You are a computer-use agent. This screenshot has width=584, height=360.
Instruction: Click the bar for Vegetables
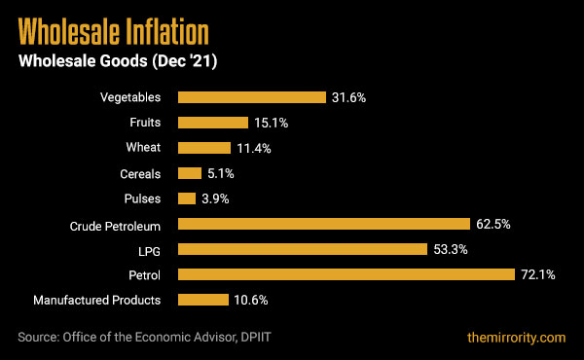tap(251, 97)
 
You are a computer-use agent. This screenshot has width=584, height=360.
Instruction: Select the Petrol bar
tap(346, 274)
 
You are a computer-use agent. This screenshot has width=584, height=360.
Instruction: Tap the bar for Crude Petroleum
tap(323, 224)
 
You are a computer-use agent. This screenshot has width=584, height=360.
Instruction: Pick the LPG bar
tap(302, 249)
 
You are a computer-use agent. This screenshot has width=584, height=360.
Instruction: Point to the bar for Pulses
tap(187, 198)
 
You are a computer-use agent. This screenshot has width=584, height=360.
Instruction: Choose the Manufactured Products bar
tap(202, 300)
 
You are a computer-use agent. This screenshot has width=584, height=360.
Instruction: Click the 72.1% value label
tap(537, 274)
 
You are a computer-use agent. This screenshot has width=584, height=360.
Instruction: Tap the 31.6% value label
tap(349, 97)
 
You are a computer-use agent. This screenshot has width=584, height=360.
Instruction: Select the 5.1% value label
tap(220, 173)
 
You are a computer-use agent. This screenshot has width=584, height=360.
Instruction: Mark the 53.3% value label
tap(451, 249)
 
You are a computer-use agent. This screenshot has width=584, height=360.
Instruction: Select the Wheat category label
tap(145, 148)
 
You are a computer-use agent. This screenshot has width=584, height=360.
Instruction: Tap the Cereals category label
tap(141, 173)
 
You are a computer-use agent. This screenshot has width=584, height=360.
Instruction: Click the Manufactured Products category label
tap(97, 300)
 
